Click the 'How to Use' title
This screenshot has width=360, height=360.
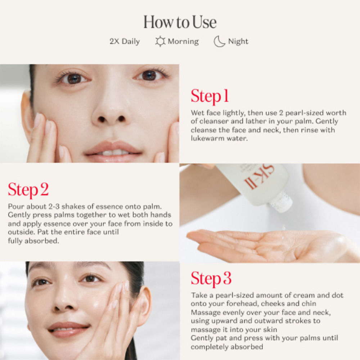(x=180, y=22)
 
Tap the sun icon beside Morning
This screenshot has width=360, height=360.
(x=160, y=41)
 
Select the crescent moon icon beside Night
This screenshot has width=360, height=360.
(x=219, y=41)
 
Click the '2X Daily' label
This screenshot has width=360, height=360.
(x=125, y=41)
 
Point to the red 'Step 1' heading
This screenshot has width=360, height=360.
(x=210, y=96)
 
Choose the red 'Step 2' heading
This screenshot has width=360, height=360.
(x=28, y=190)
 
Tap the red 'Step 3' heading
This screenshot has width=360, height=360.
(x=211, y=278)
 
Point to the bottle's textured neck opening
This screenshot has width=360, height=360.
(x=281, y=202)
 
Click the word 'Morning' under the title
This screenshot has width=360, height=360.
(x=183, y=41)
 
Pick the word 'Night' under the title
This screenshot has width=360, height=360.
(x=238, y=41)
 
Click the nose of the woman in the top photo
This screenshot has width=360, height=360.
(x=111, y=110)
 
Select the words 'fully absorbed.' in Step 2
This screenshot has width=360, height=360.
(x=33, y=241)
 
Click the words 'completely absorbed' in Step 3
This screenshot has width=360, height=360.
(x=227, y=347)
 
